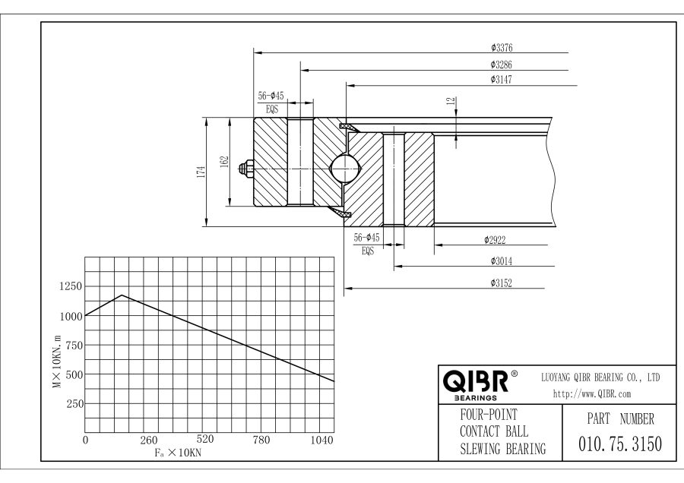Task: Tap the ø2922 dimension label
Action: (x=495, y=239)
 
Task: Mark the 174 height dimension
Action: (x=200, y=172)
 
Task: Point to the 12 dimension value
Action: (x=451, y=101)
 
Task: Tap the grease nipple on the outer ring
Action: (x=245, y=168)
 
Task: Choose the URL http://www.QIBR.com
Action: (x=589, y=393)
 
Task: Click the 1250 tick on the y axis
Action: (x=69, y=286)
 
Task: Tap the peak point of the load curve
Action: (x=122, y=295)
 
